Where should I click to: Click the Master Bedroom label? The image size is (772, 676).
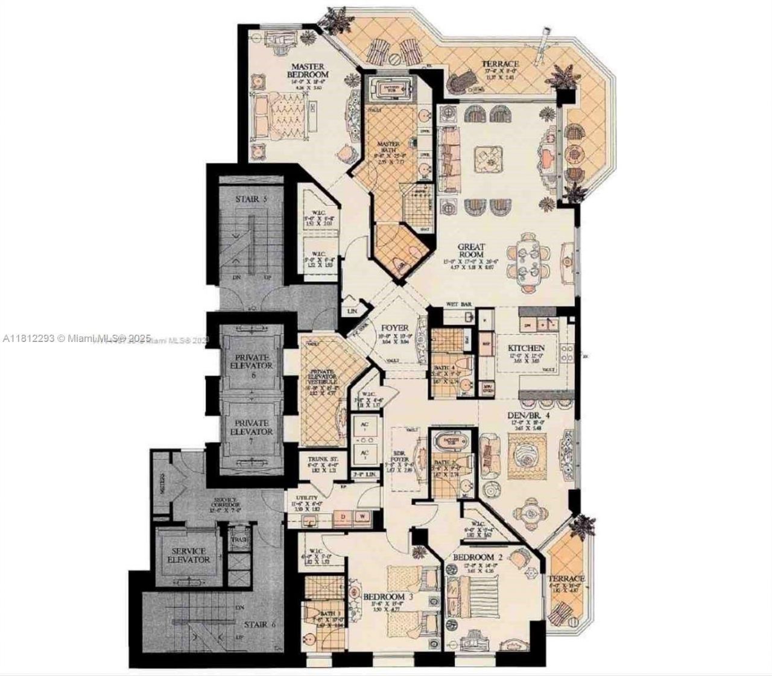(x=308, y=71)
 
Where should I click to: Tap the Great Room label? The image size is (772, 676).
(x=471, y=250)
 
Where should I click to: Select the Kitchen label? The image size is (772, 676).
(x=526, y=349)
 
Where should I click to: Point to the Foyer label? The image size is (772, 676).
(x=394, y=329)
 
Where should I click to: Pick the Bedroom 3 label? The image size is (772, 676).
(x=388, y=597)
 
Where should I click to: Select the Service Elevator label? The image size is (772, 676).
(x=189, y=555)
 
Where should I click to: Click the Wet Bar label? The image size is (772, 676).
(x=458, y=305)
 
